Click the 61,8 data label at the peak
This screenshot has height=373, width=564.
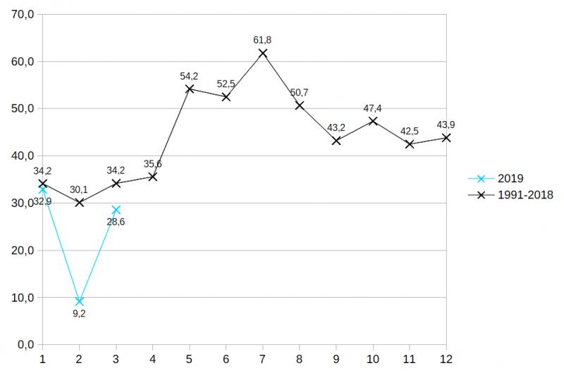point(262,40)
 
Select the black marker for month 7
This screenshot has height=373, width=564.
point(263,53)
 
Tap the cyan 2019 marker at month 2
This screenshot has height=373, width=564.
point(79,301)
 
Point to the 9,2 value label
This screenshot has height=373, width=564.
point(79,313)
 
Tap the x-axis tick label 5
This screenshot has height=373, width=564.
point(190,359)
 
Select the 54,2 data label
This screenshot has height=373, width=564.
point(189,76)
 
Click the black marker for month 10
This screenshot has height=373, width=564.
point(373,121)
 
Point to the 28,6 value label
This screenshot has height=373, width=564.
point(116,222)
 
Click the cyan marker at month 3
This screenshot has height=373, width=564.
point(116,210)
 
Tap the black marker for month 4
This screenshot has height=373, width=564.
point(152,177)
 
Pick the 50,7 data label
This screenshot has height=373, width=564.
point(299,93)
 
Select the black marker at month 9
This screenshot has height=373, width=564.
point(336,141)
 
